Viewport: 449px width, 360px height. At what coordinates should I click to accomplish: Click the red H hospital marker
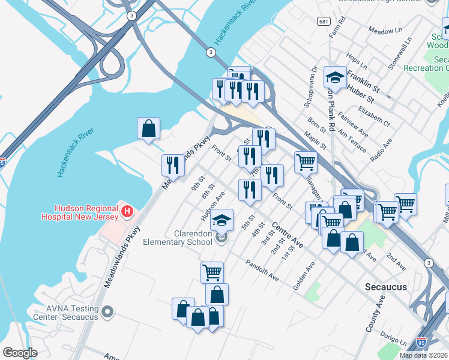pyautogui.click(x=127, y=211)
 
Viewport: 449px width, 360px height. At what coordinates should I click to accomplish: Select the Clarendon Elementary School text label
pyautogui.click(x=178, y=238)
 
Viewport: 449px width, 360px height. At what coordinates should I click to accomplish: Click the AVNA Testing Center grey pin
pyautogui.click(x=108, y=311)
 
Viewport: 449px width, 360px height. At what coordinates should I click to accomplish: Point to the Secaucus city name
pyautogui.click(x=385, y=287)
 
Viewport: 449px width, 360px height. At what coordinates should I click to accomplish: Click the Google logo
pyautogui.click(x=20, y=353)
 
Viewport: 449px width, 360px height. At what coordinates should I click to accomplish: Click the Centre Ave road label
pyautogui.click(x=287, y=235)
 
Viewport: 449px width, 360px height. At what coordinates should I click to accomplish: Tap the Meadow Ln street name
pyautogui.click(x=385, y=31)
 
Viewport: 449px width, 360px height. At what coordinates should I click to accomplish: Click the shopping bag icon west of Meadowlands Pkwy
pyautogui.click(x=148, y=128)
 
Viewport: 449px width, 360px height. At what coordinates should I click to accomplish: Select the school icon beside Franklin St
pyautogui.click(x=335, y=77)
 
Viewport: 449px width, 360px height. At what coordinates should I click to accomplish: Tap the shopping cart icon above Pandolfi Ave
pyautogui.click(x=212, y=272)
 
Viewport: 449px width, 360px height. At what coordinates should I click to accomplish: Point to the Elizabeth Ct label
pyautogui.click(x=373, y=116)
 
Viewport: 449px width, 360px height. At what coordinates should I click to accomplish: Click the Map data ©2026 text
pyautogui.click(x=423, y=355)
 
